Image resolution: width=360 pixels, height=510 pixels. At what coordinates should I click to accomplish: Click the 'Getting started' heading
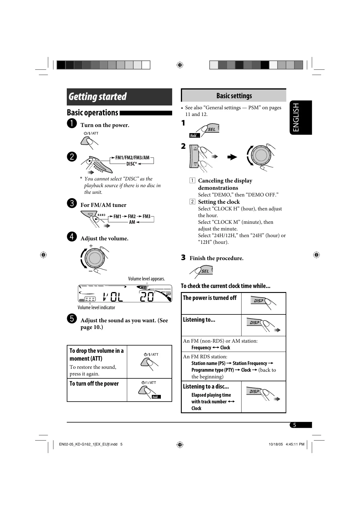click(98, 97)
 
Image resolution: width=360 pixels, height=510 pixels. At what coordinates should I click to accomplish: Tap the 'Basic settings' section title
click(234, 96)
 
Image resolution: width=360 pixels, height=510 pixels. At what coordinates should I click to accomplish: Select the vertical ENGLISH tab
click(296, 117)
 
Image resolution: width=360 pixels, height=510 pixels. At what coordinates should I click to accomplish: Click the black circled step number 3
click(72, 203)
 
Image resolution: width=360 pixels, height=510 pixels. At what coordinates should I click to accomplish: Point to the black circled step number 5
click(72, 318)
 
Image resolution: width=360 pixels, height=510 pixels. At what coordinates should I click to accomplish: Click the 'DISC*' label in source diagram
click(132, 164)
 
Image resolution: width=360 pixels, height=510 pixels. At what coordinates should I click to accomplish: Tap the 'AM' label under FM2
click(132, 222)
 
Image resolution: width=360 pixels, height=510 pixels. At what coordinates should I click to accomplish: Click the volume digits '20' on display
click(147, 297)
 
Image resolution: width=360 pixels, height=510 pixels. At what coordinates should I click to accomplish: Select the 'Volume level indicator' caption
click(96, 307)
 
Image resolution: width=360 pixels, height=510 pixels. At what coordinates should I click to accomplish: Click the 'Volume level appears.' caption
click(146, 279)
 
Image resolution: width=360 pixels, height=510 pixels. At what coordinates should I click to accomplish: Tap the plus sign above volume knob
click(91, 246)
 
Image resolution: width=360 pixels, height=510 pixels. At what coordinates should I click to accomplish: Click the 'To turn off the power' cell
click(94, 384)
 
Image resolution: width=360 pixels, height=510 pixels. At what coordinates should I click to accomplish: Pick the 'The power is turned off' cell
click(210, 298)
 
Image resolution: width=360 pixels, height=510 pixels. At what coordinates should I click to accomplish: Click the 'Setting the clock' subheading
click(219, 202)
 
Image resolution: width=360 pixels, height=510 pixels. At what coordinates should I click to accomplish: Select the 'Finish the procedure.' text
click(216, 258)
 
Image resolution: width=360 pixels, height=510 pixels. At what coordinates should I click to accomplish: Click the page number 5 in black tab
click(294, 425)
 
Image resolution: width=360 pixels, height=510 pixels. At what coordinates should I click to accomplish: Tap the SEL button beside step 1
click(211, 129)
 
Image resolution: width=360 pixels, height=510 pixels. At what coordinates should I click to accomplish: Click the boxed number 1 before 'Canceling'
click(192, 180)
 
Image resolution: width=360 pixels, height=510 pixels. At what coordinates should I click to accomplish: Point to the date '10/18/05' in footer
click(276, 444)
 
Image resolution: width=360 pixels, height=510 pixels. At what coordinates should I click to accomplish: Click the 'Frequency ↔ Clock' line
click(210, 348)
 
